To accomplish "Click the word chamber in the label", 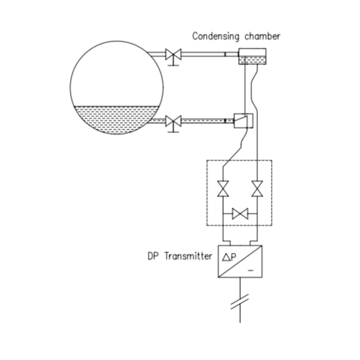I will [263, 36].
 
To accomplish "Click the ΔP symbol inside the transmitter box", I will [226, 256].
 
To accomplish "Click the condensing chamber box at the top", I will [251, 60].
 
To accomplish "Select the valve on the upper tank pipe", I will [173, 56].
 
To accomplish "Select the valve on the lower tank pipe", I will [173, 120].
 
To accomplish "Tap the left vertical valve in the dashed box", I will [222, 187].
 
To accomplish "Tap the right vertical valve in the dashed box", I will [256, 187].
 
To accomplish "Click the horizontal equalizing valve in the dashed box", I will [239, 214].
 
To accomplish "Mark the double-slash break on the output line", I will [240, 304].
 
